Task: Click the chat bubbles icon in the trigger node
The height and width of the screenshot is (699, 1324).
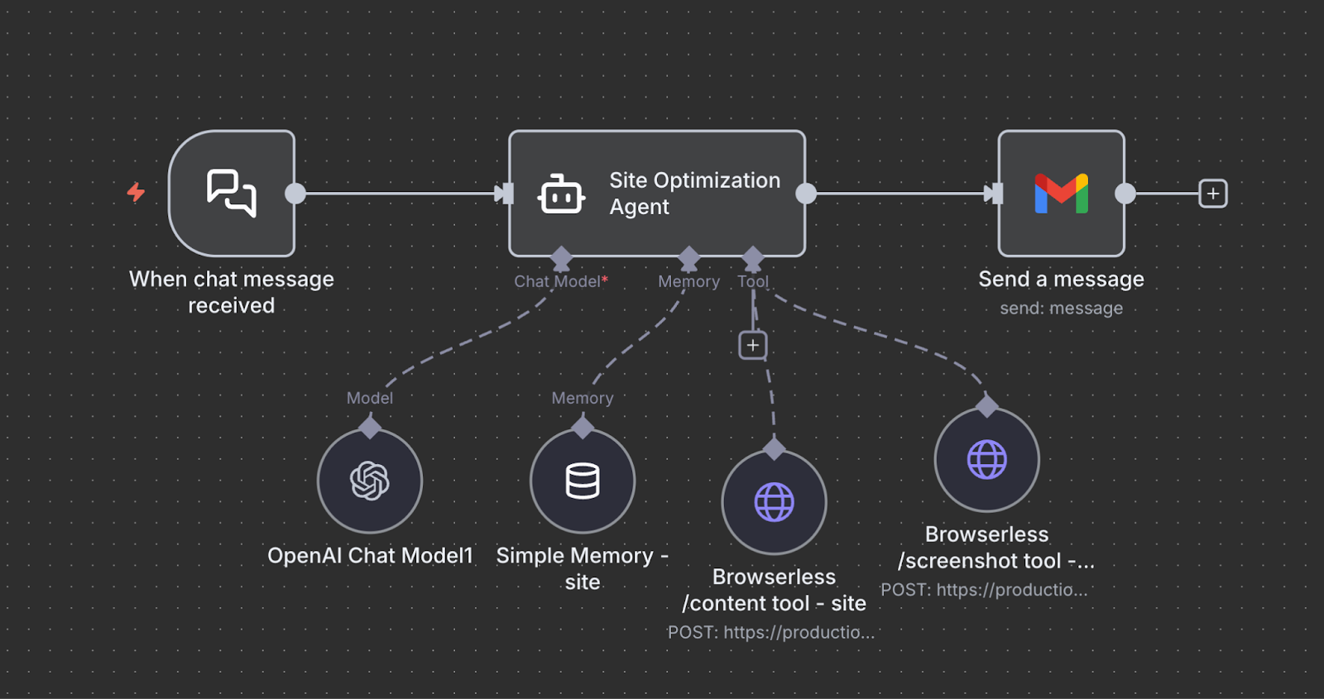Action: point(231,193)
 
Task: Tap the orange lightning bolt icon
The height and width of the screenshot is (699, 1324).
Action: point(136,192)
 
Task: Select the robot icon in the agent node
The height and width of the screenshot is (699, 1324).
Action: point(562,195)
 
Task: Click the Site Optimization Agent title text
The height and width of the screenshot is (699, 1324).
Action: point(694,193)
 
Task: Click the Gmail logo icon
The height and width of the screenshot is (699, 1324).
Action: point(1061,194)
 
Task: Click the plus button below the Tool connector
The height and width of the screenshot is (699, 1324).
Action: point(752,345)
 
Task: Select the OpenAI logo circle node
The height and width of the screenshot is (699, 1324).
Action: point(370,481)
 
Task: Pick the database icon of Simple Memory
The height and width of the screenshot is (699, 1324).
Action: point(583,481)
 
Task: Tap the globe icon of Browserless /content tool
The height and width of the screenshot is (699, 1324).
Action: point(774,502)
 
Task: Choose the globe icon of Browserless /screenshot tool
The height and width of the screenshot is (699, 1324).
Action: point(986,460)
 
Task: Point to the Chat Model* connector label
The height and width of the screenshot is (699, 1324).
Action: point(560,281)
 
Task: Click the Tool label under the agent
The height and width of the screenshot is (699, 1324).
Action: point(753,281)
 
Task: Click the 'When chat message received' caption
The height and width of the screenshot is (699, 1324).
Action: point(232,292)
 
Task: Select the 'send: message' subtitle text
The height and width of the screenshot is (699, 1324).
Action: point(1061,309)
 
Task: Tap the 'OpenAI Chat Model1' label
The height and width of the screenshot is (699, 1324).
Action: point(370,555)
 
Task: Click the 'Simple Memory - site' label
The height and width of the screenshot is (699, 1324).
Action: point(582,568)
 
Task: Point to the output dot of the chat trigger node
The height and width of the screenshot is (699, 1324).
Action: point(295,194)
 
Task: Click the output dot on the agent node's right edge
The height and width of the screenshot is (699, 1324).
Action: point(806,194)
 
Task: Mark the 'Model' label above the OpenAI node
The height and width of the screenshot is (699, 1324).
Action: point(370,398)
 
